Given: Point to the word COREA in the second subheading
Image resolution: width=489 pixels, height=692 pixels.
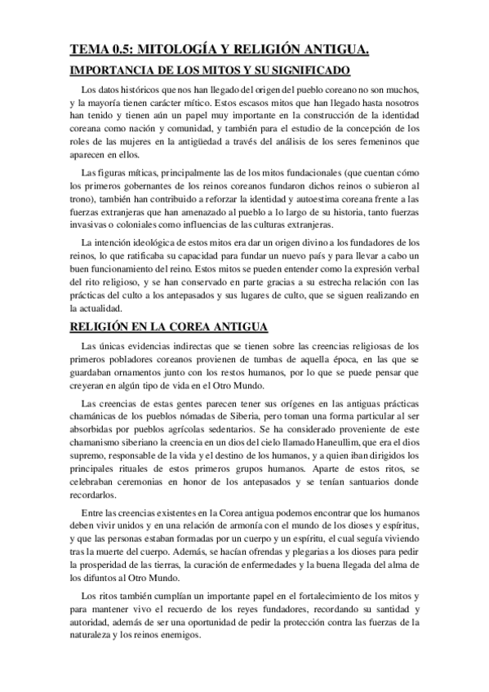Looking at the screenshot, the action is point(183,304).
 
